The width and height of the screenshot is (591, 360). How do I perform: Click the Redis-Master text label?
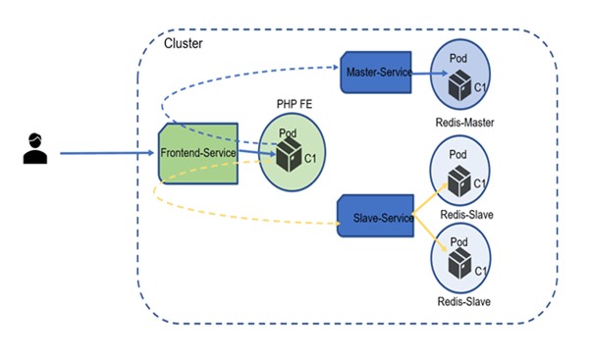click(x=463, y=123)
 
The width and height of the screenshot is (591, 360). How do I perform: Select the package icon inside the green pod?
click(x=289, y=155)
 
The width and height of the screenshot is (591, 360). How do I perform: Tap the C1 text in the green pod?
click(x=310, y=157)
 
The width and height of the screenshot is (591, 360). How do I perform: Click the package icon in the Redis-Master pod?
click(x=457, y=85)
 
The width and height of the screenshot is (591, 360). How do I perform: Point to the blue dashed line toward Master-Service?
click(x=236, y=83)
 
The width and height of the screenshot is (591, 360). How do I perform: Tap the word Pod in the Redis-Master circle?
click(x=457, y=59)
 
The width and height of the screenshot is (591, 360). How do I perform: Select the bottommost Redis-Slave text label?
click(x=463, y=301)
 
